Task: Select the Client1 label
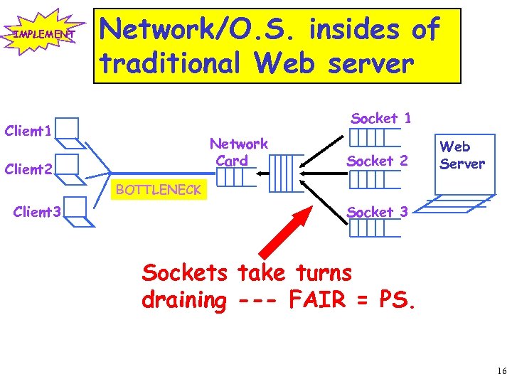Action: (27, 131)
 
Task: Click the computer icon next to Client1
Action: (68, 129)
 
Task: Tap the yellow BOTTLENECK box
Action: (159, 189)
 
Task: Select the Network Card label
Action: (238, 152)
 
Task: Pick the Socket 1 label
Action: (381, 119)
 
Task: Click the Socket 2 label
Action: (377, 161)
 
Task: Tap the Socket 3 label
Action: (377, 212)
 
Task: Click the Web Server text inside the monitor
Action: (462, 155)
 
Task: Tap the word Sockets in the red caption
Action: (185, 272)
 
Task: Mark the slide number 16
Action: (501, 371)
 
